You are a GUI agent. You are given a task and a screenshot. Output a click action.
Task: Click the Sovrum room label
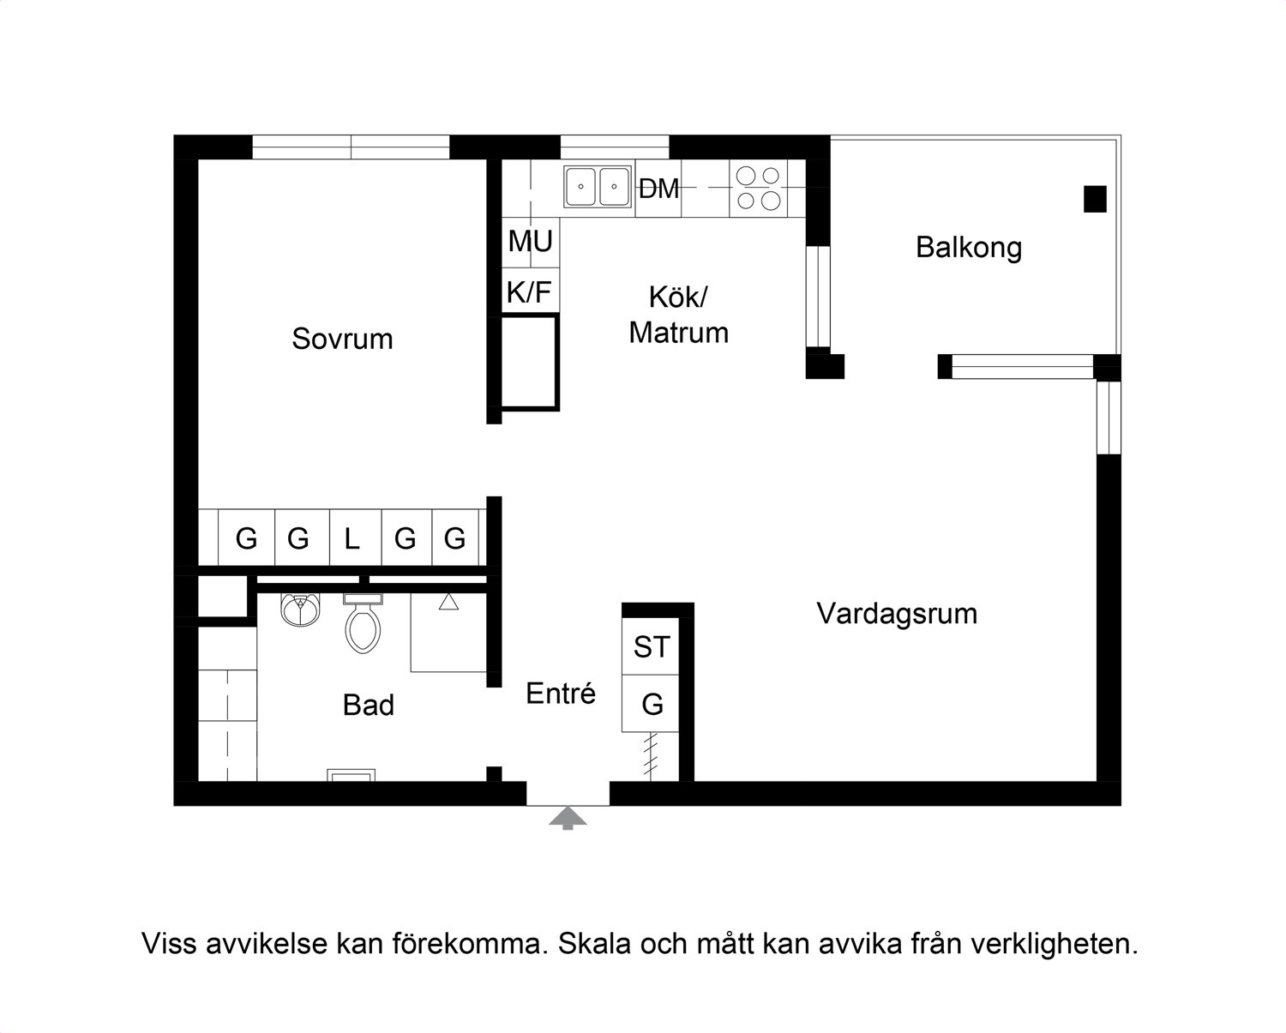342,339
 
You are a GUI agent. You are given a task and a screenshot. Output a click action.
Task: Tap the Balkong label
968,248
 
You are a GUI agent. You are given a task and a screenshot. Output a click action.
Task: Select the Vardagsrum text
897,614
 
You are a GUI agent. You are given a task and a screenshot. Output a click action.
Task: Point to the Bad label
369,706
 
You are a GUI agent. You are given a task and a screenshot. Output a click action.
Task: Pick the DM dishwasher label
658,189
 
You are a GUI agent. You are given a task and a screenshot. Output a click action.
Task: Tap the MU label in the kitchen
530,242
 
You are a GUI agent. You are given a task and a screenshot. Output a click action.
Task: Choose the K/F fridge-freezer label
529,293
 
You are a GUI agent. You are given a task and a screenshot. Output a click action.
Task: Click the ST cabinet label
652,647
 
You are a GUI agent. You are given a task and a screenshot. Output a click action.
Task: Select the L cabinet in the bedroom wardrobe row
351,539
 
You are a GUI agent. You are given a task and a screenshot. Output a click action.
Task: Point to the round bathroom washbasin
299,609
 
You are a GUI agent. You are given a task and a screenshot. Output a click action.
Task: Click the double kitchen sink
598,187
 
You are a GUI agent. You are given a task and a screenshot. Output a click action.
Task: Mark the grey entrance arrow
568,818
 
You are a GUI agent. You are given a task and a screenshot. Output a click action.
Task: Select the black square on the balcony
1095,199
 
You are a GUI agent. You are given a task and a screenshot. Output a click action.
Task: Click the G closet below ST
652,705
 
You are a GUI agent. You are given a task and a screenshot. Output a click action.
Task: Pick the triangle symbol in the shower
448,602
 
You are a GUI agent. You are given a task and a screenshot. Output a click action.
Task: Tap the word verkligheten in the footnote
1055,945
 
